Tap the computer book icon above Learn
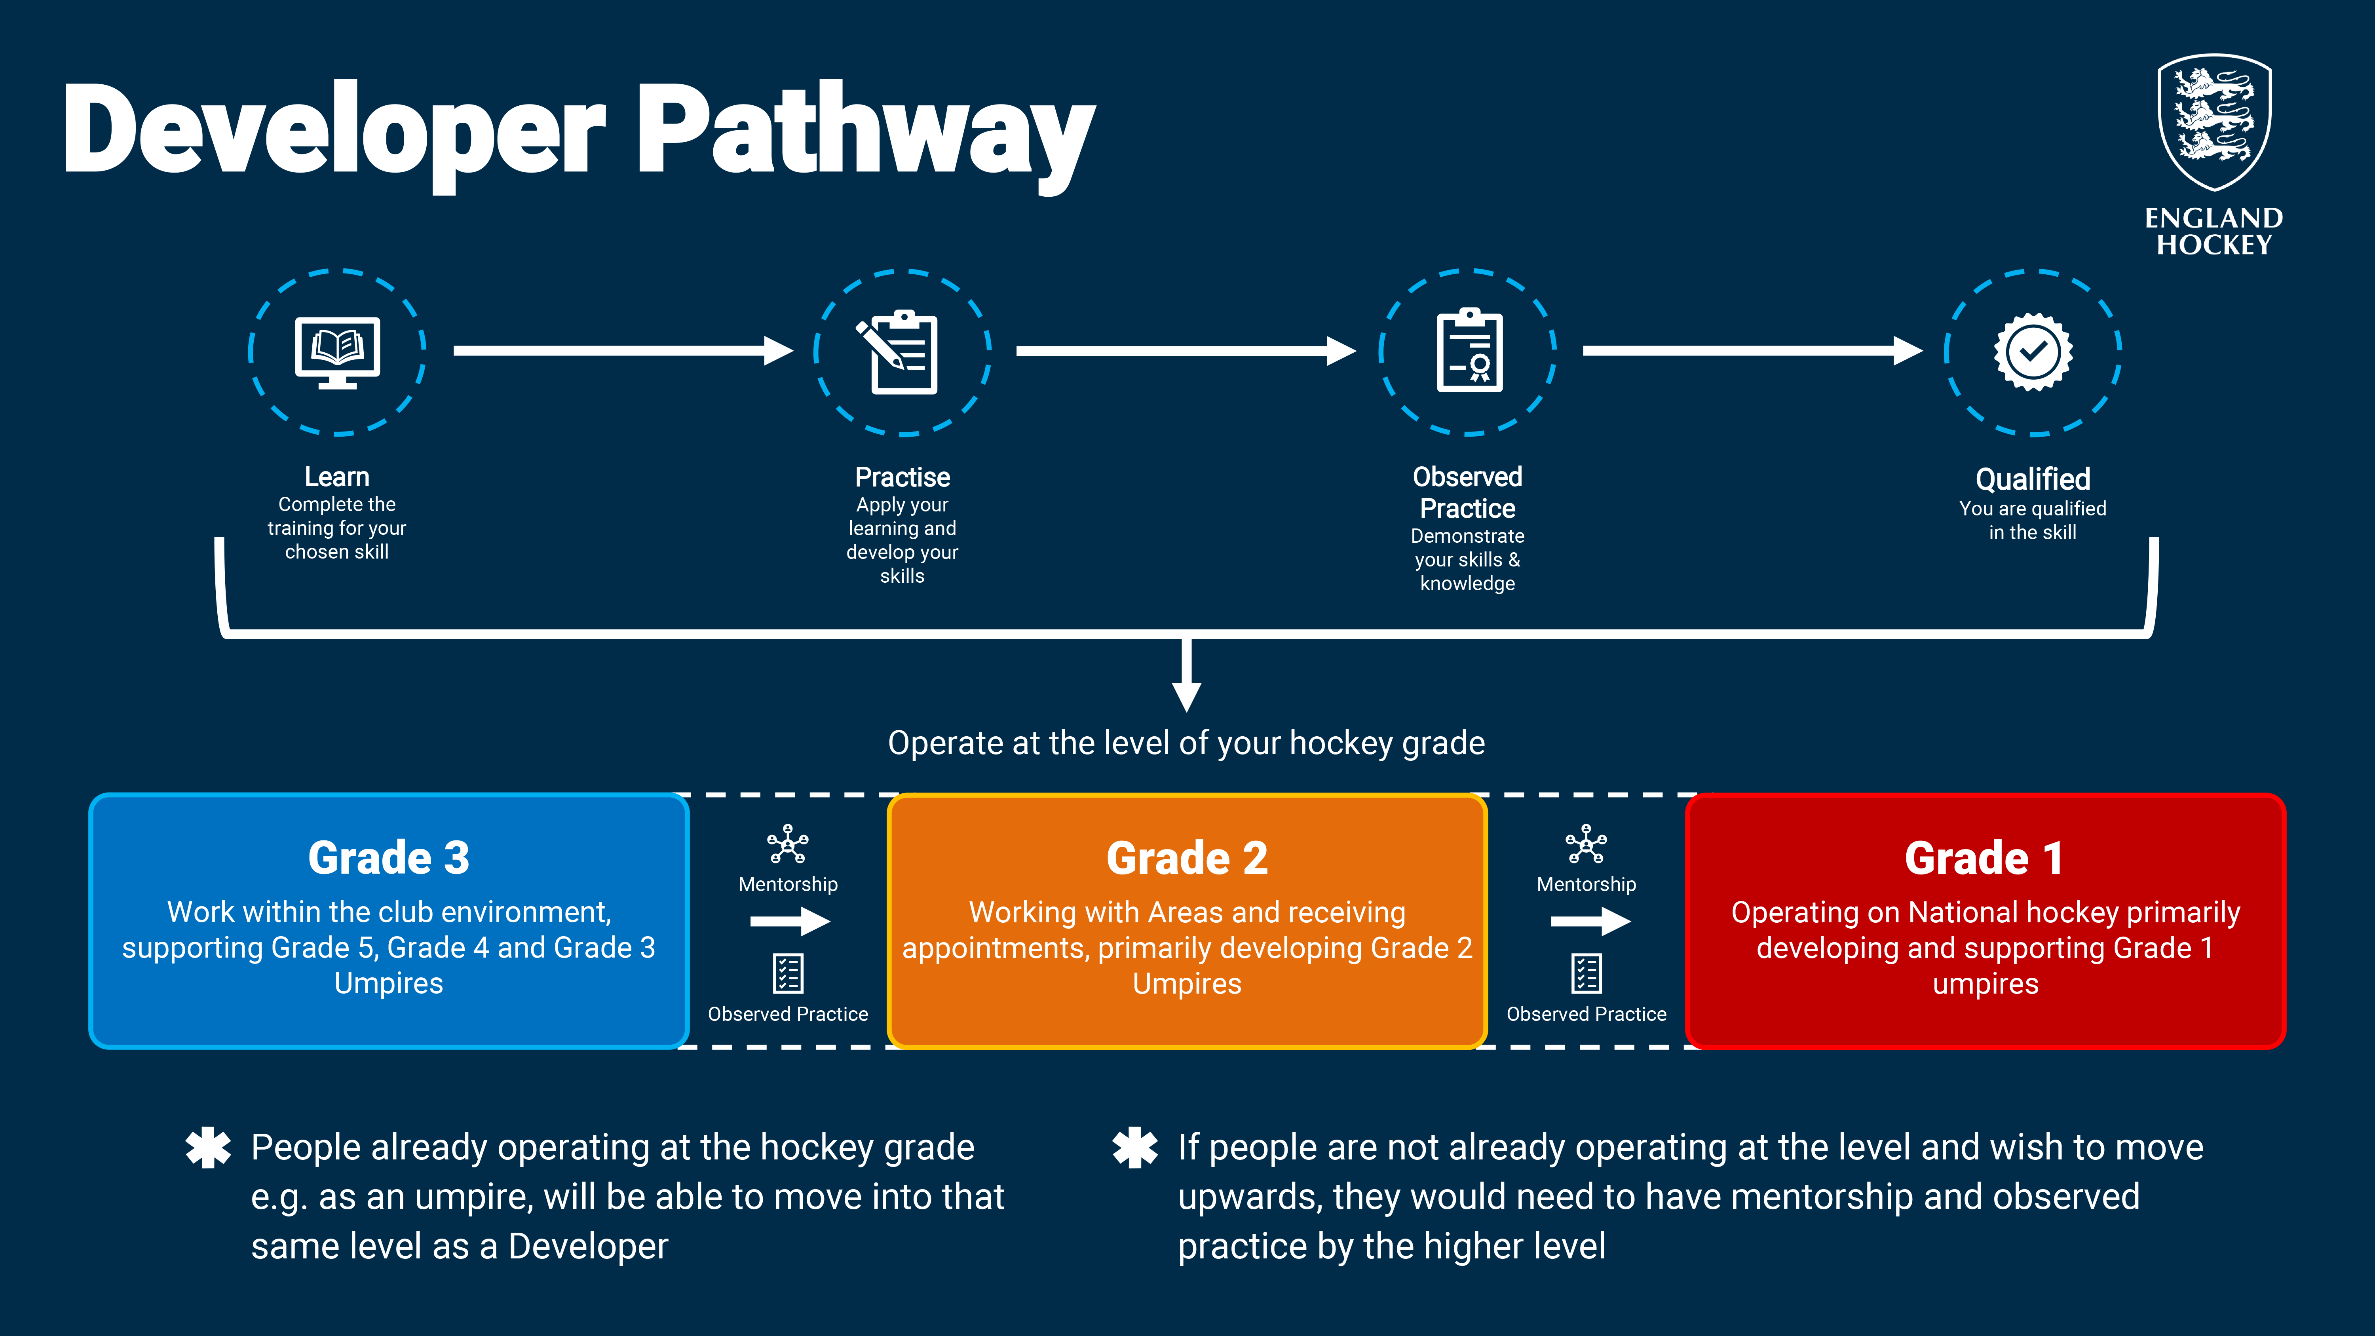pos(337,352)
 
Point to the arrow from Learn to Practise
pos(623,350)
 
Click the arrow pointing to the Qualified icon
pos(1753,350)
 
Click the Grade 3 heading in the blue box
pos(389,858)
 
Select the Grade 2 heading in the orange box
pos(1187,858)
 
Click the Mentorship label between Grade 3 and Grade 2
pos(788,884)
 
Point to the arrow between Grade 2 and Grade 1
pos(1590,921)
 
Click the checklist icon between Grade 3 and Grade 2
pos(788,973)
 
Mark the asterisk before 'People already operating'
pos(208,1148)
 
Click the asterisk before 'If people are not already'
pos(1135,1148)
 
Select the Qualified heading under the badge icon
pos(2033,479)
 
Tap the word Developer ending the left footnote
pos(588,1247)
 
